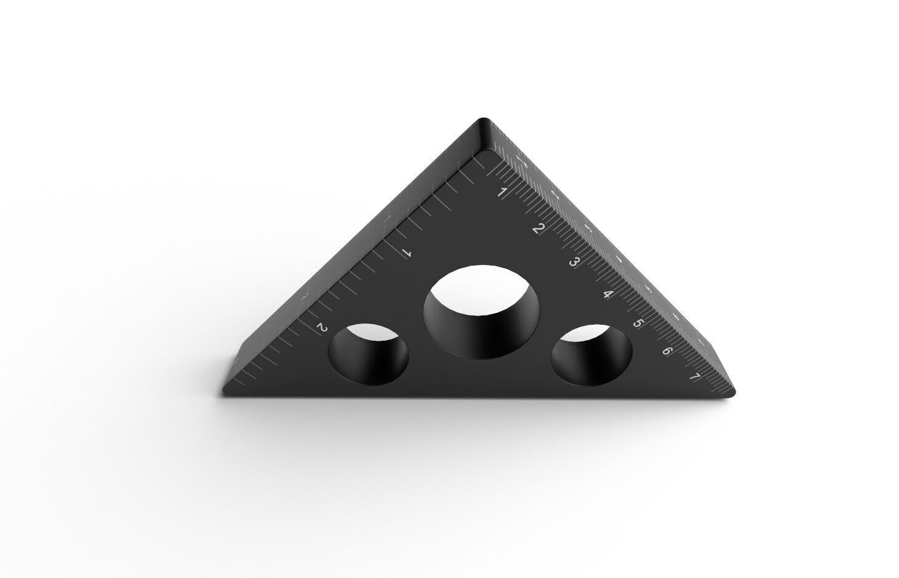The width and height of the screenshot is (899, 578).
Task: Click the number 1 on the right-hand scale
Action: pos(502,193)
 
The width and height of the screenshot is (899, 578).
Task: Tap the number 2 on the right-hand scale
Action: pos(538,229)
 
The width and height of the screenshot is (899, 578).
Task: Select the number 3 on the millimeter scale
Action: pos(574,262)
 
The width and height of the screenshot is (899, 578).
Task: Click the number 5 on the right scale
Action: pos(638,324)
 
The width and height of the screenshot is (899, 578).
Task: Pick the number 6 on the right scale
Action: pos(667,351)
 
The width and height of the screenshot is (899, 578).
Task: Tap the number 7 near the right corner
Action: pos(694,377)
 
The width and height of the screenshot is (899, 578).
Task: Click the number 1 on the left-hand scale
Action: pos(406,253)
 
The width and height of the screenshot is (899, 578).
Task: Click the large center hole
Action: pos(482,311)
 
